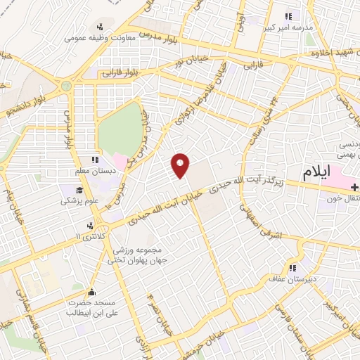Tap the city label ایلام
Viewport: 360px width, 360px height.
point(321,172)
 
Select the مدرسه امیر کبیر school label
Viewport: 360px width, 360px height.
point(286,28)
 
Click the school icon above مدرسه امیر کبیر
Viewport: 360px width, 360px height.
point(287,17)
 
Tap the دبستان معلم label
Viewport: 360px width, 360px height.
point(94,171)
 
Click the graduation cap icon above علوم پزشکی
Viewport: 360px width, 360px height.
point(80,190)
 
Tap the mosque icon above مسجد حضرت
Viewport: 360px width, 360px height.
point(91,292)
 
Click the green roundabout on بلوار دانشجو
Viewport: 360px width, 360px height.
point(66,86)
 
